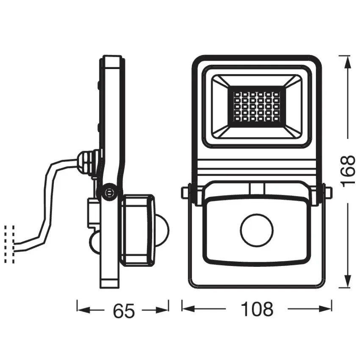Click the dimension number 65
123,311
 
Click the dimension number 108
257,310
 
